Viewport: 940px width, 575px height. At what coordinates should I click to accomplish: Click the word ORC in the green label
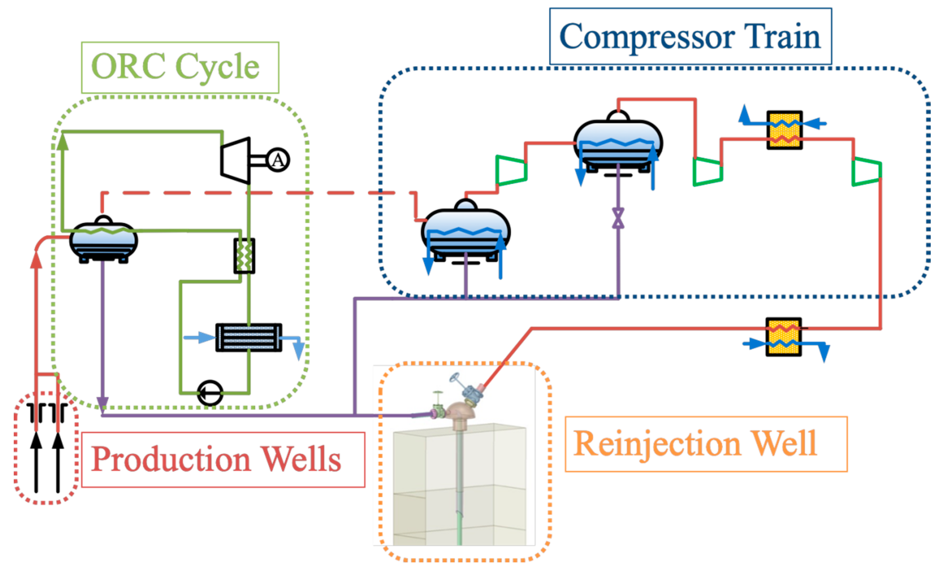pyautogui.click(x=128, y=67)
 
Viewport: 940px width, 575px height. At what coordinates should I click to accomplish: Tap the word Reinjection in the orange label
pyautogui.click(x=657, y=444)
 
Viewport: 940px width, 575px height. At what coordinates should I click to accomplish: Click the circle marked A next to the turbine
pyautogui.click(x=278, y=160)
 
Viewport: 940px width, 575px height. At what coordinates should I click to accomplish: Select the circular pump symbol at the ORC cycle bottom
pyautogui.click(x=210, y=393)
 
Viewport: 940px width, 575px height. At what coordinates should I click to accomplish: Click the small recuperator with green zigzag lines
pyautogui.click(x=244, y=256)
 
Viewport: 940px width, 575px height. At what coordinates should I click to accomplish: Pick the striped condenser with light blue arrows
pyautogui.click(x=249, y=338)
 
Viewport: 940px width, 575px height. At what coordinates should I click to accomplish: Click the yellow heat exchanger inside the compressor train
pyautogui.click(x=784, y=130)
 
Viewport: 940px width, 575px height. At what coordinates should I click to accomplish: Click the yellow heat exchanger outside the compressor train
pyautogui.click(x=783, y=337)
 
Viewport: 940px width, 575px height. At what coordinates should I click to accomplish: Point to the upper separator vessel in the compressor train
pyautogui.click(x=618, y=145)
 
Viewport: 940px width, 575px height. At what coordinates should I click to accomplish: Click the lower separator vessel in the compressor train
pyautogui.click(x=465, y=233)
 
